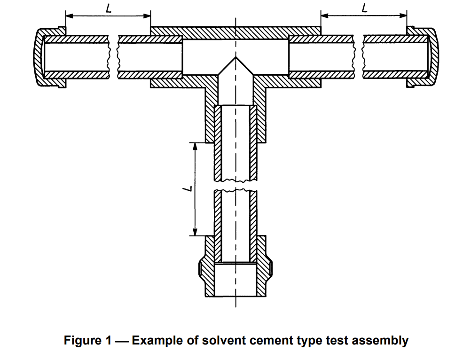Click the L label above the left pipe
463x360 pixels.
(x=109, y=8)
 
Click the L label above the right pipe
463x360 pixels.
(x=365, y=8)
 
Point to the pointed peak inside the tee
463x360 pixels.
(x=235, y=57)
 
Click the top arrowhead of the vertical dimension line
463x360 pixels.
(x=195, y=146)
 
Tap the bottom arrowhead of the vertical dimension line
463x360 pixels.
(x=195, y=232)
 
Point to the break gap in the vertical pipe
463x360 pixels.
(x=235, y=185)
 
